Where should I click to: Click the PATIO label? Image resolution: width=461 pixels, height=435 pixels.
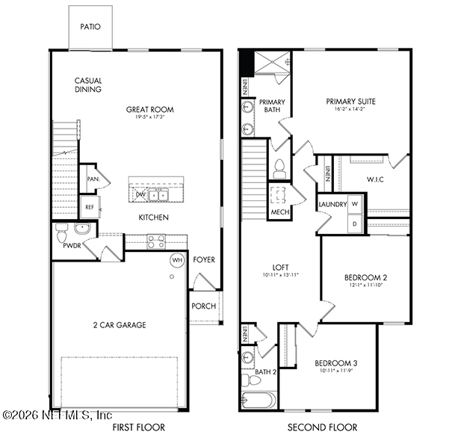(x=90, y=26)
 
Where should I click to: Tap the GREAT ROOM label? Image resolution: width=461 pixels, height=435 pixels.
(x=150, y=109)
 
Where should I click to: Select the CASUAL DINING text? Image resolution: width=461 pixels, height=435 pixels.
(x=88, y=85)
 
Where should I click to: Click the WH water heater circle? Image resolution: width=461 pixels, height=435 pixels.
(x=177, y=260)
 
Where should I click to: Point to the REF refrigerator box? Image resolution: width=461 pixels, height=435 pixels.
(x=89, y=207)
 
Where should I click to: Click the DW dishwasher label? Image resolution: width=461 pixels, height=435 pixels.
(x=140, y=195)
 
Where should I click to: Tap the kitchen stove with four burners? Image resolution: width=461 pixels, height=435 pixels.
(x=155, y=241)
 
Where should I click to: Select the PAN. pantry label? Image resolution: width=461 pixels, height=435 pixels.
(x=93, y=179)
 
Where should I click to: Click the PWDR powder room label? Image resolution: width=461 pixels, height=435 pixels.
(x=72, y=244)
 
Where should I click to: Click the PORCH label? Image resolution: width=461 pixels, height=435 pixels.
(x=203, y=306)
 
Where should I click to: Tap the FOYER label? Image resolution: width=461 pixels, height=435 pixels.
(x=204, y=260)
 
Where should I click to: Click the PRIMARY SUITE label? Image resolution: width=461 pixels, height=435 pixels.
(x=350, y=102)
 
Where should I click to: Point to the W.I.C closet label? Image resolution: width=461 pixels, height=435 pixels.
(x=375, y=179)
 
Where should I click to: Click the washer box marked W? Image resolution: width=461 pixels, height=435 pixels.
(x=355, y=204)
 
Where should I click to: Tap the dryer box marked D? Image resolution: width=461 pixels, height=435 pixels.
(x=355, y=223)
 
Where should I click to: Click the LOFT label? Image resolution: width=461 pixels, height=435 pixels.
(x=281, y=267)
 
